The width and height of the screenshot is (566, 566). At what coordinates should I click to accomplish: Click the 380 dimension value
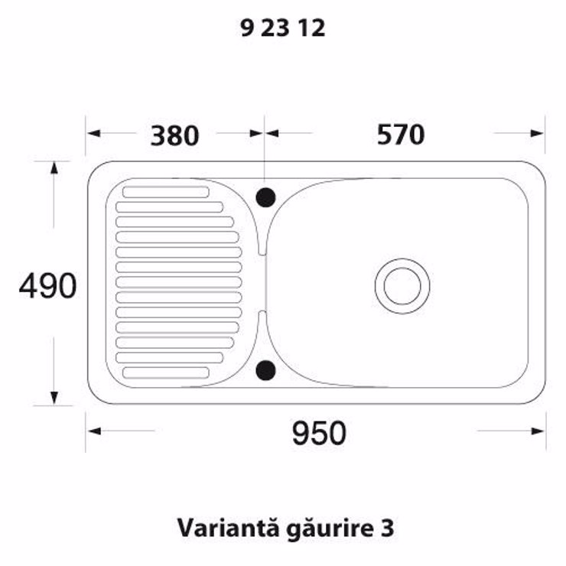(x=174, y=135)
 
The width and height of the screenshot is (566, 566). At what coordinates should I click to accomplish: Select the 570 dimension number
(x=401, y=135)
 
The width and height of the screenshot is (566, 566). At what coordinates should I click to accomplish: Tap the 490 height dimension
(x=47, y=286)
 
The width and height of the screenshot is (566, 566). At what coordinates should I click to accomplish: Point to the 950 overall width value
(x=319, y=433)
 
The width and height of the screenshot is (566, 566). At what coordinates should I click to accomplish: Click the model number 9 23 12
(x=283, y=28)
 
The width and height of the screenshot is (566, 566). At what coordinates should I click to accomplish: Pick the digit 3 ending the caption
(x=387, y=528)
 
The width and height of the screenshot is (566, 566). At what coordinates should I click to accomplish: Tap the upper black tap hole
(x=265, y=197)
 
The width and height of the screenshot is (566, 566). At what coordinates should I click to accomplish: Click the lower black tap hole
(x=265, y=370)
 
